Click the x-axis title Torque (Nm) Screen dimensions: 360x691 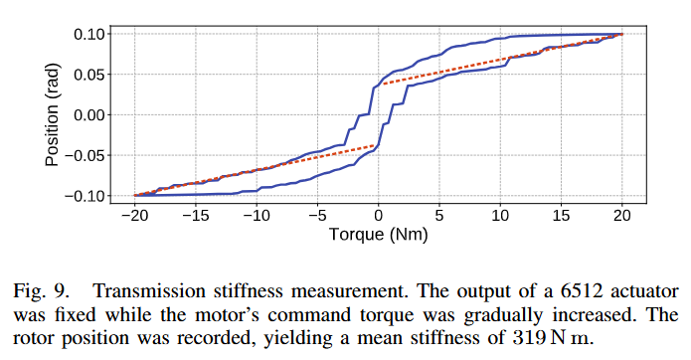(378, 238)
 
